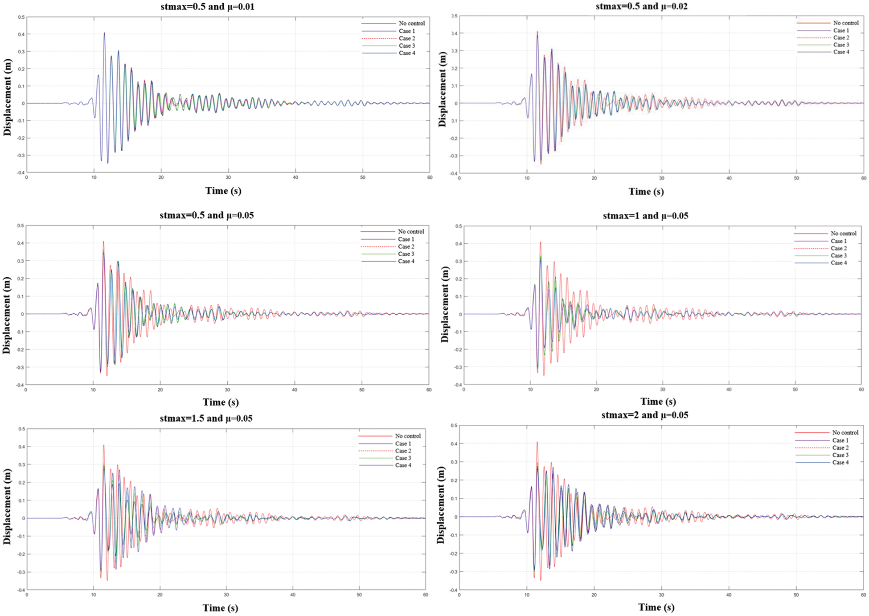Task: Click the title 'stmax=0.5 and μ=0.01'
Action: (207, 7)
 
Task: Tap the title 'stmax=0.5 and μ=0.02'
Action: (641, 6)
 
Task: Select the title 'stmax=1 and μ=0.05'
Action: (645, 216)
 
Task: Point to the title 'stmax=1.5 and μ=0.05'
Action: (206, 418)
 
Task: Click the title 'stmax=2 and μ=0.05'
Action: (644, 415)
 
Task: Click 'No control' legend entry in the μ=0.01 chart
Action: (411, 23)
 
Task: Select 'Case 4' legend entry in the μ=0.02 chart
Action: (841, 52)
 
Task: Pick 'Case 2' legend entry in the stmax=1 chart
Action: (839, 248)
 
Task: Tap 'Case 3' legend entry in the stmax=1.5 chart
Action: (403, 458)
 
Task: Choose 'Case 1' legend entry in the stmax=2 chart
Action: (840, 440)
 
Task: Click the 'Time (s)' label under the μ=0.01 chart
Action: (223, 191)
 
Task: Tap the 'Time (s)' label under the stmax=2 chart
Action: (656, 607)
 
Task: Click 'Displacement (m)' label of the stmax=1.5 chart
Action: (7, 506)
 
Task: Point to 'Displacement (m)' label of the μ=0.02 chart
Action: (442, 89)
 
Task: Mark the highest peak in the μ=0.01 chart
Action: (104, 33)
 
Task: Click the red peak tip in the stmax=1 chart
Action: (541, 242)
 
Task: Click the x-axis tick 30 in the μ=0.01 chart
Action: (228, 177)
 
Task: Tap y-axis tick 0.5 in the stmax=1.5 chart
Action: (21, 429)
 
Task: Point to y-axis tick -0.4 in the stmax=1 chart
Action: (457, 385)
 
